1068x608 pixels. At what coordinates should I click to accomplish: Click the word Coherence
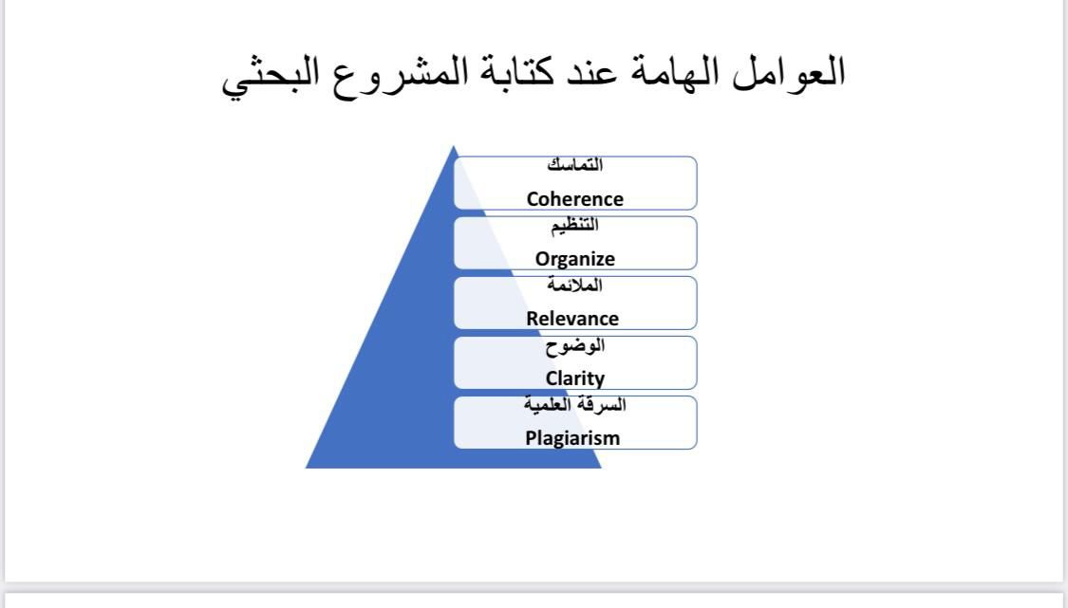point(575,199)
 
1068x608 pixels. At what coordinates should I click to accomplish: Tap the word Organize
point(575,259)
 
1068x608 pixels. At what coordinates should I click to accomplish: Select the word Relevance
point(572,319)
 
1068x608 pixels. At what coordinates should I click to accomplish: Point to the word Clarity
point(575,378)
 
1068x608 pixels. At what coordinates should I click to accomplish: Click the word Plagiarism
point(572,438)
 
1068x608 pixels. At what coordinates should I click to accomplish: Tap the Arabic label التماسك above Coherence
point(575,165)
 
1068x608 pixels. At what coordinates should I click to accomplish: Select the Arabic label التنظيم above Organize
point(575,226)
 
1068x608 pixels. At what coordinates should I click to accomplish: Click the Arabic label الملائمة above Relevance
point(575,285)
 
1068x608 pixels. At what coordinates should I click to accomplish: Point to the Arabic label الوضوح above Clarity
point(575,346)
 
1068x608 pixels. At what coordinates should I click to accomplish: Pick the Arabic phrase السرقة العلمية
point(575,404)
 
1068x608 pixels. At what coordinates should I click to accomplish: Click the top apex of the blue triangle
point(454,146)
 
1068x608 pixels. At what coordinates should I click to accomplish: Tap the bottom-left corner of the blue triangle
point(306,468)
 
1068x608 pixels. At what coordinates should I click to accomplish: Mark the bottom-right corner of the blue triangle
point(602,468)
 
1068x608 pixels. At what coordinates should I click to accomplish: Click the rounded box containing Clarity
point(575,363)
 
